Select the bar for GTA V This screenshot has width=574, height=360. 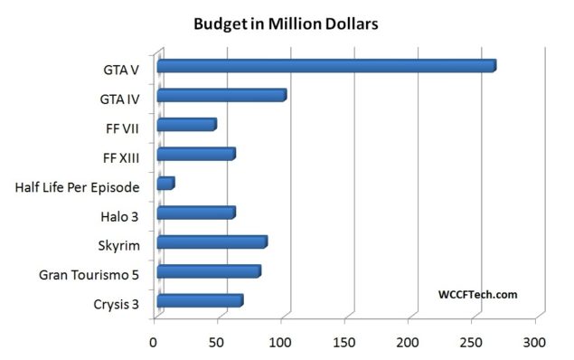click(x=325, y=66)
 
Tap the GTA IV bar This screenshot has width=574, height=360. click(x=221, y=95)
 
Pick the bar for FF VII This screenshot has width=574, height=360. click(x=186, y=125)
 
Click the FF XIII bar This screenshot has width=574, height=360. click(x=195, y=154)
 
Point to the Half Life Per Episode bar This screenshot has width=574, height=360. click(x=165, y=184)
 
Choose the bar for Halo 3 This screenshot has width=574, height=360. click(x=195, y=213)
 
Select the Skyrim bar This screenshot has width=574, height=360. click(x=212, y=242)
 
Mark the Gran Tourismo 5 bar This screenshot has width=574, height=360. click(x=208, y=271)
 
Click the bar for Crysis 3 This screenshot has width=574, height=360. click(x=199, y=301)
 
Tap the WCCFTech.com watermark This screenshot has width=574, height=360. click(x=477, y=294)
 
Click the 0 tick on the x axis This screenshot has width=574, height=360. click(x=154, y=343)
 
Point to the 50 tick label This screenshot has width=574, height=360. click(x=219, y=343)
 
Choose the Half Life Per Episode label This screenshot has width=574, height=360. click(x=77, y=187)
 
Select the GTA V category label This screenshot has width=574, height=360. click(x=120, y=69)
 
